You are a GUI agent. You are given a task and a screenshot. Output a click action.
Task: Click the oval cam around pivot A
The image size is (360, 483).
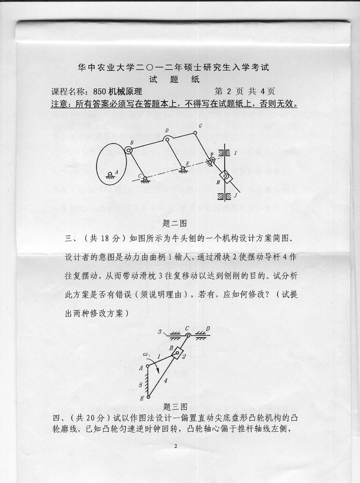(x=110, y=163)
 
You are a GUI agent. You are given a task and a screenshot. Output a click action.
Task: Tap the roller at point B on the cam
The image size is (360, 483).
(x=129, y=151)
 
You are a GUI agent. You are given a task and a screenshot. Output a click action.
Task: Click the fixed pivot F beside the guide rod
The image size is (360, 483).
(x=212, y=159)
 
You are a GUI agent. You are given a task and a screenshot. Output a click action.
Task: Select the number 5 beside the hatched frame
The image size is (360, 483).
(x=140, y=385)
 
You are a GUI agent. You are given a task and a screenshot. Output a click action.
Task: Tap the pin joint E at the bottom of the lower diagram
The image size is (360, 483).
(x=148, y=397)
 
